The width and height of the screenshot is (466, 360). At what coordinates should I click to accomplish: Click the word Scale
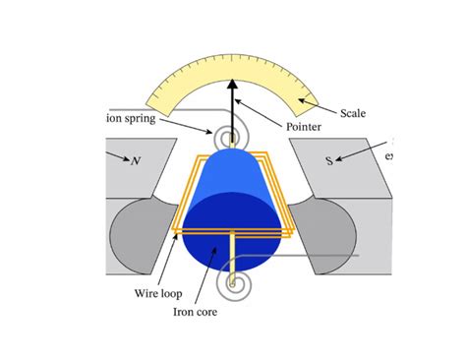tap(353, 113)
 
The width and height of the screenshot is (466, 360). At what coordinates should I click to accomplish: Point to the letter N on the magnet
tap(135, 160)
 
